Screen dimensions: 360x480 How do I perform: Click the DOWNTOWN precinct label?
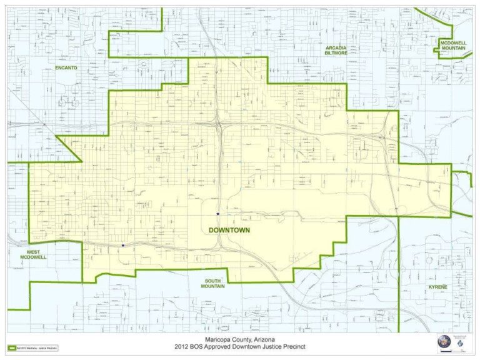(x=229, y=230)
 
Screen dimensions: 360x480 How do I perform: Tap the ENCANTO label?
(x=65, y=67)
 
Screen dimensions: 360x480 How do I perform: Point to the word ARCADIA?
(x=336, y=47)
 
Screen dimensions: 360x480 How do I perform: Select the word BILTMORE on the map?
(x=336, y=54)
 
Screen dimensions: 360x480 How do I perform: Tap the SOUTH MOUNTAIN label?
(x=212, y=283)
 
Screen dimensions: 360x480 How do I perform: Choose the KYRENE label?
(x=438, y=287)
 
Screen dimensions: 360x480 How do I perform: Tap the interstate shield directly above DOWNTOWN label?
(x=217, y=214)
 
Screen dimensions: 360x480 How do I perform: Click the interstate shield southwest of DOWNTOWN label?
(x=123, y=246)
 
